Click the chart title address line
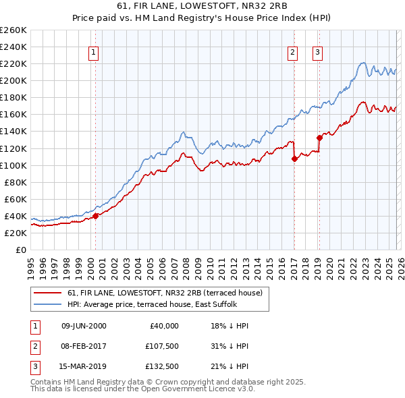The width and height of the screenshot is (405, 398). (202, 7)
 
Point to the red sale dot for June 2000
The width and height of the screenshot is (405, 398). (95, 216)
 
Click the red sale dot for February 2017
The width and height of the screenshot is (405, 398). (294, 159)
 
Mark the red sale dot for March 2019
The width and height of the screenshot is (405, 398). (319, 138)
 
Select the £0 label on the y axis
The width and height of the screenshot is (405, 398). (20, 250)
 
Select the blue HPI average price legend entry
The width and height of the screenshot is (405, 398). (152, 305)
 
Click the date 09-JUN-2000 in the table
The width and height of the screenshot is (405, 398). (84, 326)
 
